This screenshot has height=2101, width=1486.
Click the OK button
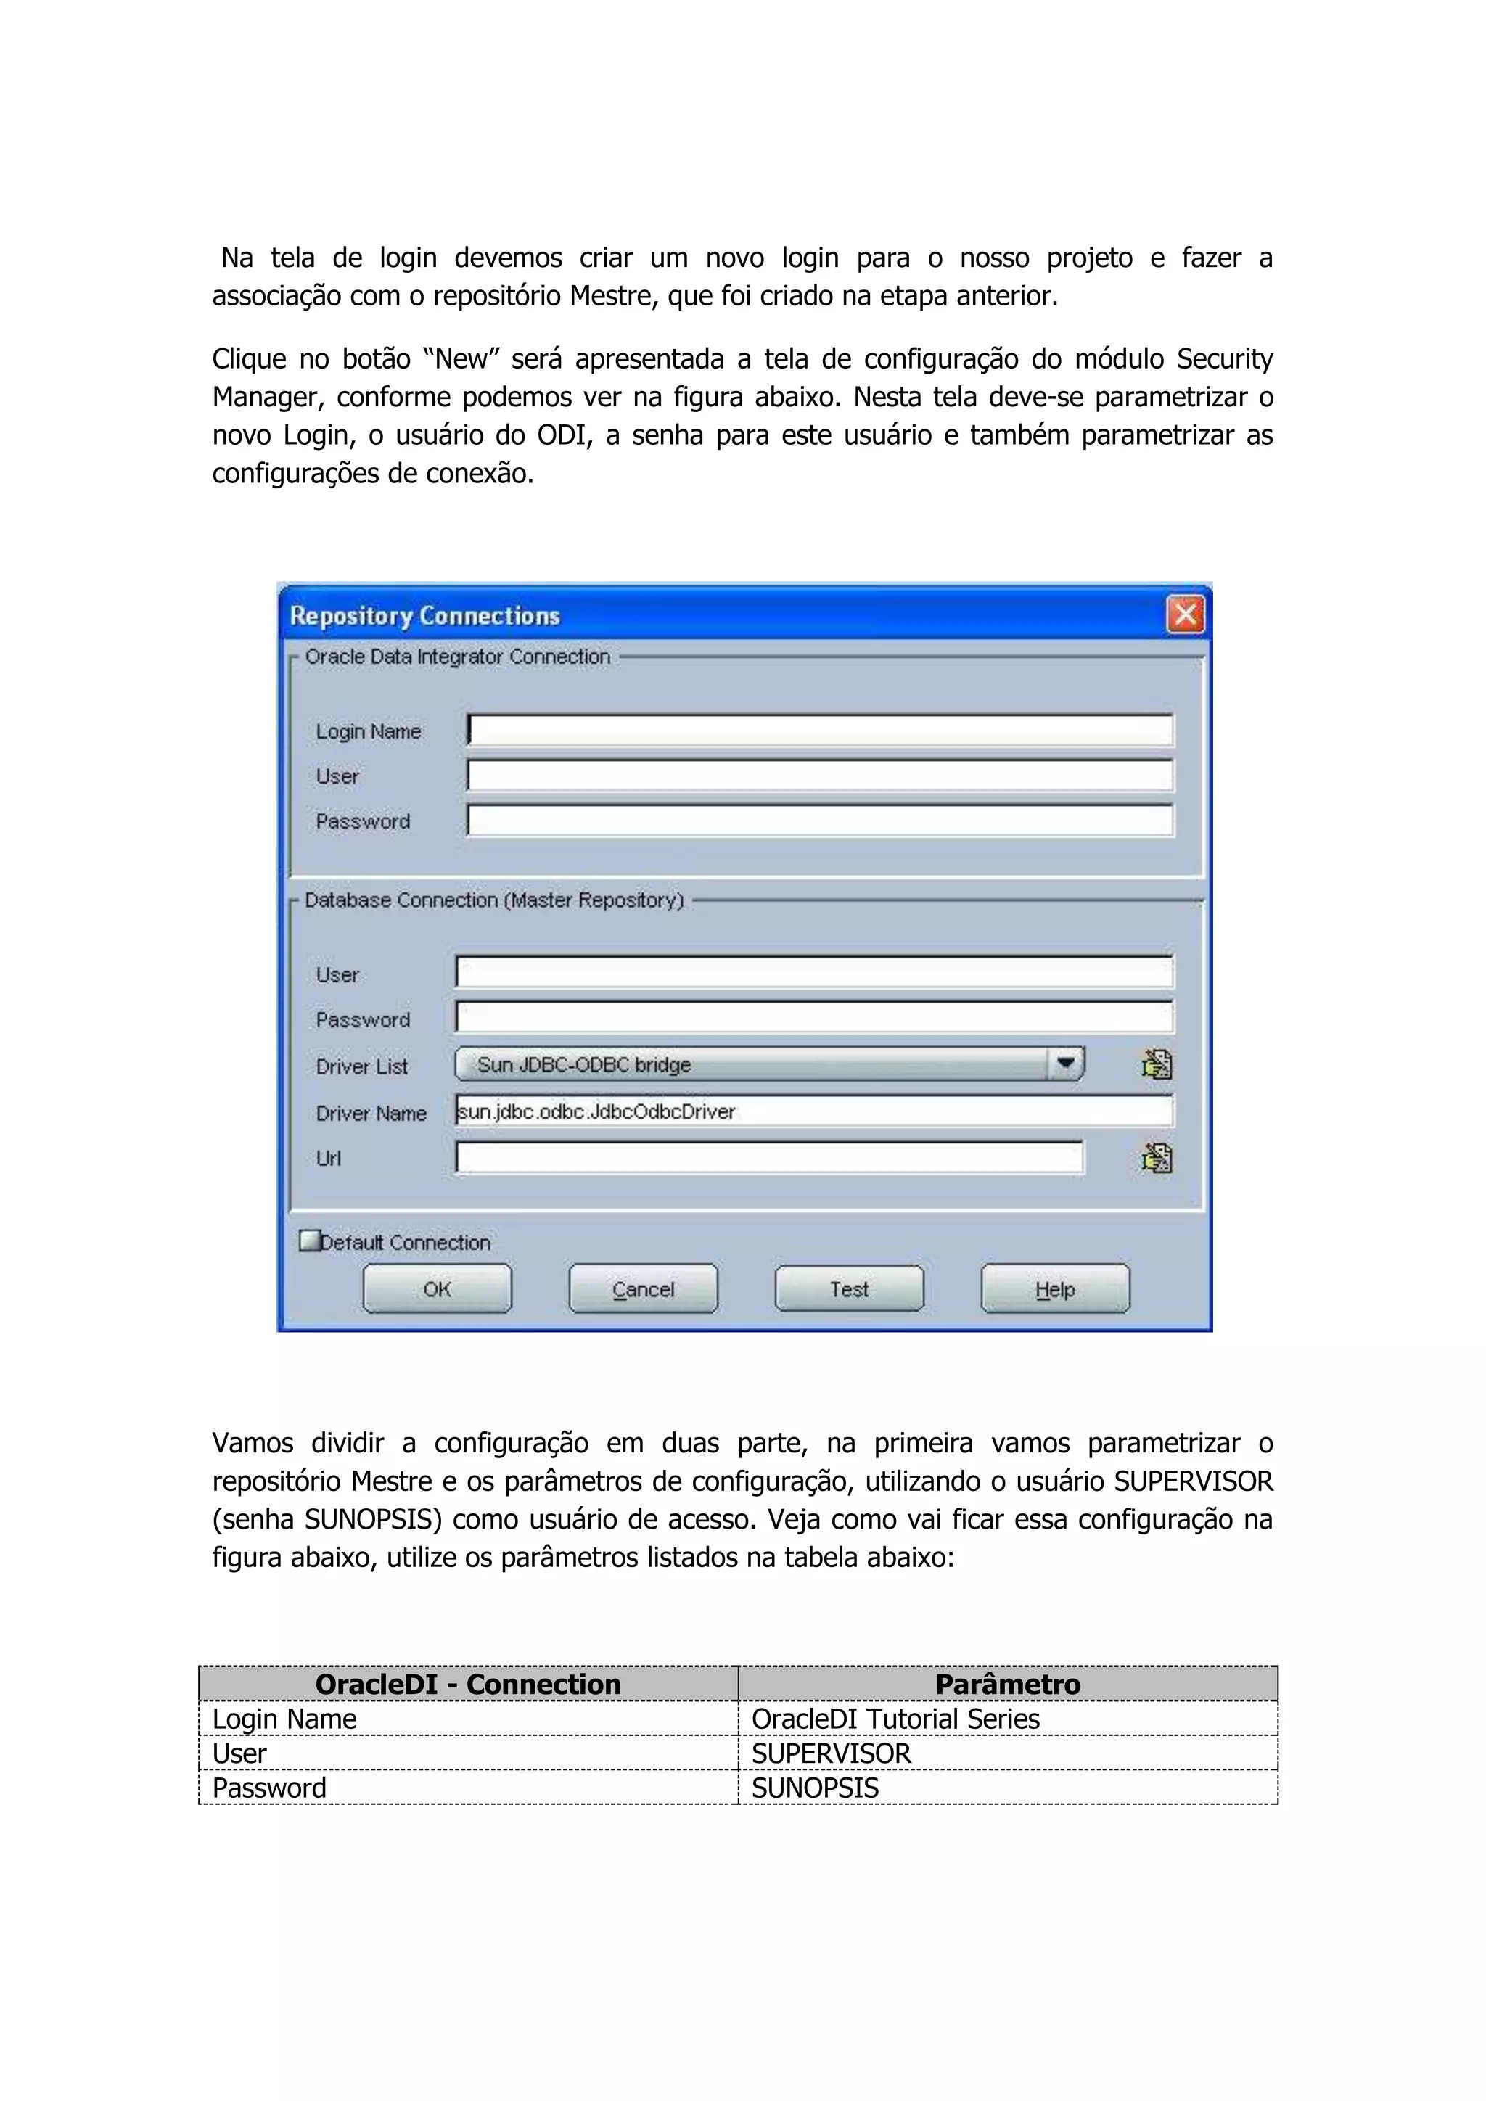point(437,1288)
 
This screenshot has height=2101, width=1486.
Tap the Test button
point(848,1288)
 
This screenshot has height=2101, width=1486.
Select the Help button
point(1054,1288)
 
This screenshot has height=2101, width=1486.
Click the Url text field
point(768,1158)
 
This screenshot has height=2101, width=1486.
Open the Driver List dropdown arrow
point(1065,1064)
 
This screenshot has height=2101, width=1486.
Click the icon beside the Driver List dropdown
point(1156,1064)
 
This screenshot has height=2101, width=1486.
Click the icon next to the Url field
point(1156,1159)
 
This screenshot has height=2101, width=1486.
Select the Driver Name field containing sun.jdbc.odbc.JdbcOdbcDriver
point(813,1111)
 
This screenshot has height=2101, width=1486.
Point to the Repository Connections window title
point(424,616)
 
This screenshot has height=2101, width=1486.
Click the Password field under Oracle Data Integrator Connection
point(819,820)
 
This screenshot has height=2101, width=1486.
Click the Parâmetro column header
point(1007,1684)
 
